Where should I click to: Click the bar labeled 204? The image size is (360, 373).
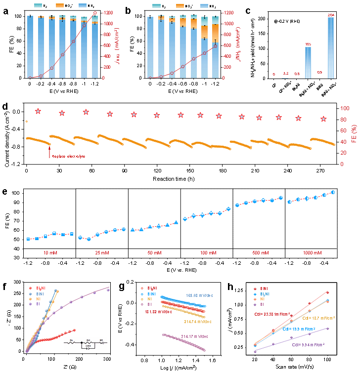330,47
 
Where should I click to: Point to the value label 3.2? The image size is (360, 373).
285,74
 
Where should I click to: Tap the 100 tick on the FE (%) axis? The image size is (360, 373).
345,108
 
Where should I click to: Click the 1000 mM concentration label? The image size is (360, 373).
313,253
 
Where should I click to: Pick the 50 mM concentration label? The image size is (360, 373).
154,253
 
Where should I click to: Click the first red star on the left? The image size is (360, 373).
38,111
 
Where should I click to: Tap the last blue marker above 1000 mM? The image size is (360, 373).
333,192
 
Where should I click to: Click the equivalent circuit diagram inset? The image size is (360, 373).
85,343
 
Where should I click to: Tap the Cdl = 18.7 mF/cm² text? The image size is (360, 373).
319,318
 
